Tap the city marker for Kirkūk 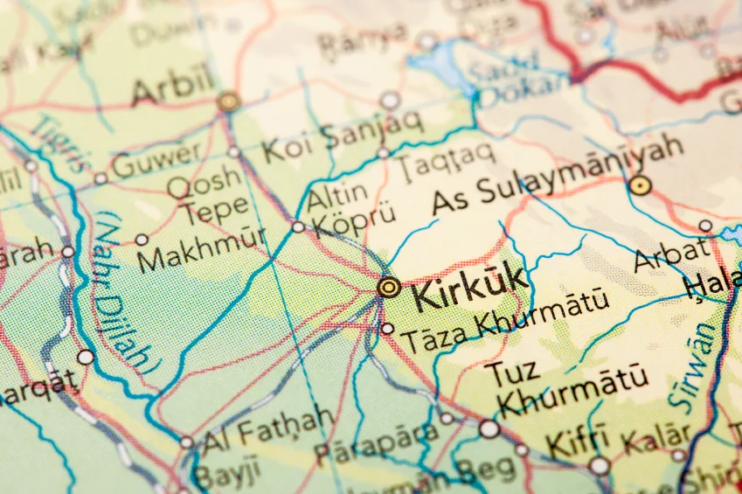point(389,287)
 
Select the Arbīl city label point(172,87)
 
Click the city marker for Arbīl point(229,101)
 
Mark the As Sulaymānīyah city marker point(641,184)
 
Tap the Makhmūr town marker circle point(142,240)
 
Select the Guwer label point(156,162)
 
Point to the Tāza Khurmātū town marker point(387,329)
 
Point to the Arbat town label point(671,254)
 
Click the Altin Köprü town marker point(298,227)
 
